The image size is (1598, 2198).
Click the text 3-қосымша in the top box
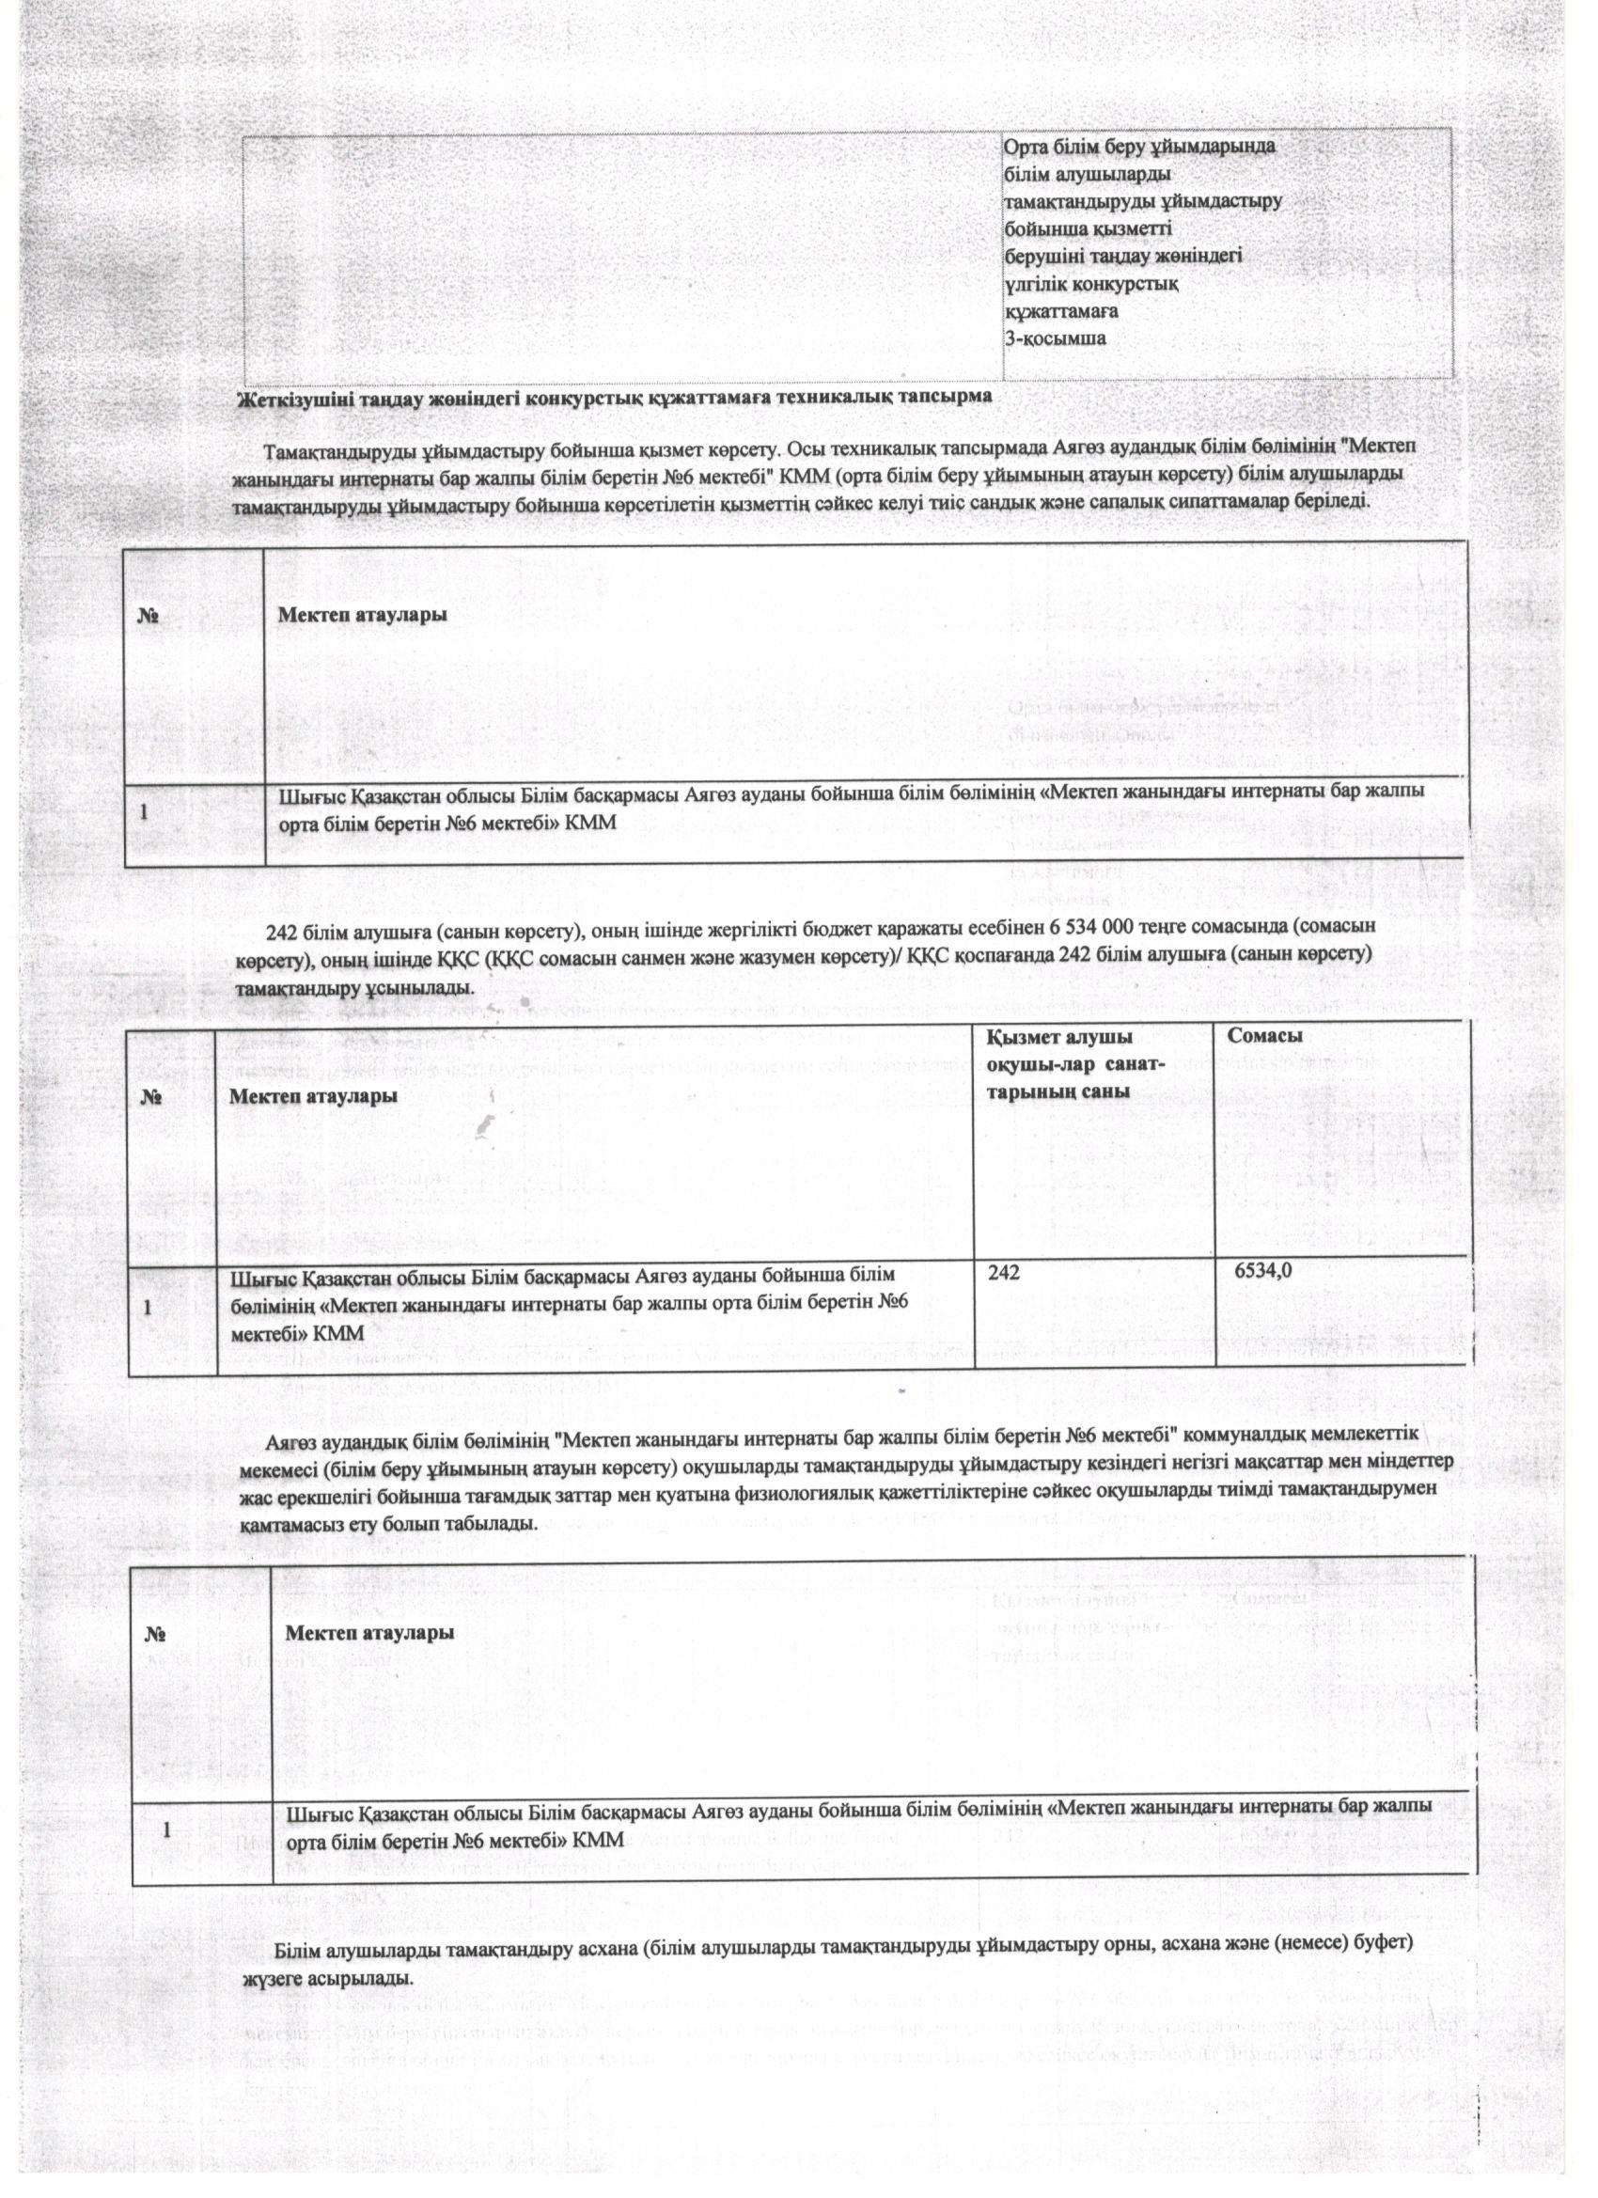pos(1055,339)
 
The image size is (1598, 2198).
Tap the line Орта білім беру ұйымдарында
pos(1139,148)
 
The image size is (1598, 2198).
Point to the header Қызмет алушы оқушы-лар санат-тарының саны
pos(1075,1064)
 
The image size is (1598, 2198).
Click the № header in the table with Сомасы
pos(151,1099)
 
